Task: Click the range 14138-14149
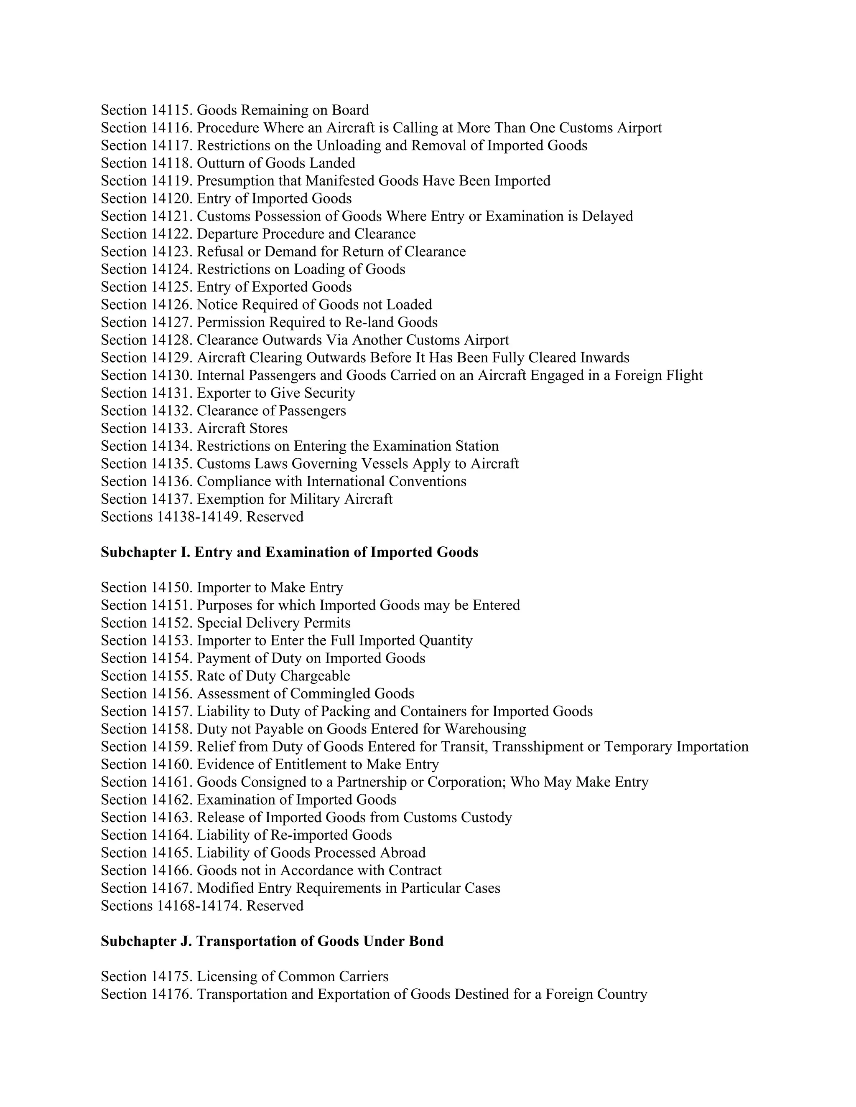click(198, 517)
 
